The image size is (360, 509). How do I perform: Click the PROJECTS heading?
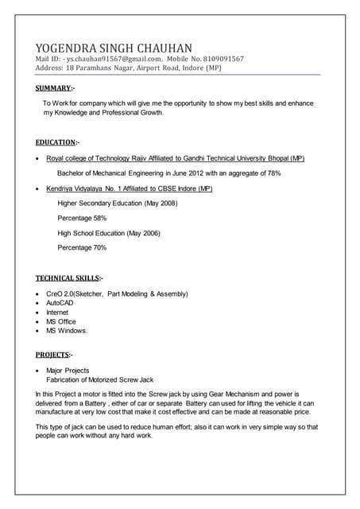(x=54, y=355)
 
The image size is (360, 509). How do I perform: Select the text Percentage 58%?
(x=82, y=218)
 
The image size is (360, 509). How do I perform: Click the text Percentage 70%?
(x=82, y=248)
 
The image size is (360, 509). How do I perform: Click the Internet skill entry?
(x=57, y=313)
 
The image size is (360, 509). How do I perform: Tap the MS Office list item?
(x=61, y=321)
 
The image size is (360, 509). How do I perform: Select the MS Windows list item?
(x=67, y=331)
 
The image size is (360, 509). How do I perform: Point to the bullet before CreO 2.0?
(x=38, y=294)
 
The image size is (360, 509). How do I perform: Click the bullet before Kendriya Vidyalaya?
(x=38, y=189)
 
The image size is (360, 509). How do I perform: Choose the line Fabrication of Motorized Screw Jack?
(x=99, y=379)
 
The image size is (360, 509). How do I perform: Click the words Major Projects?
(x=68, y=371)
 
